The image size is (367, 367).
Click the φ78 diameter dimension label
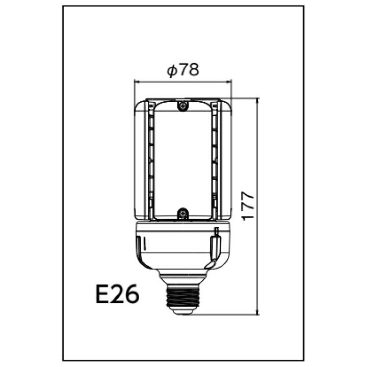[183, 69]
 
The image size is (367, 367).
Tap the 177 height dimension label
[248, 206]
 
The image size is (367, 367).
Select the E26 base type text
[118, 294]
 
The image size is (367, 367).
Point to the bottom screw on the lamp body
[183, 213]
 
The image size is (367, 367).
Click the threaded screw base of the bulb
[183, 297]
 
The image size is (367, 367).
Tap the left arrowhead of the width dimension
[137, 82]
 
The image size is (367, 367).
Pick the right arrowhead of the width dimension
[229, 82]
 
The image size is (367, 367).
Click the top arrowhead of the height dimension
[258, 101]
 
